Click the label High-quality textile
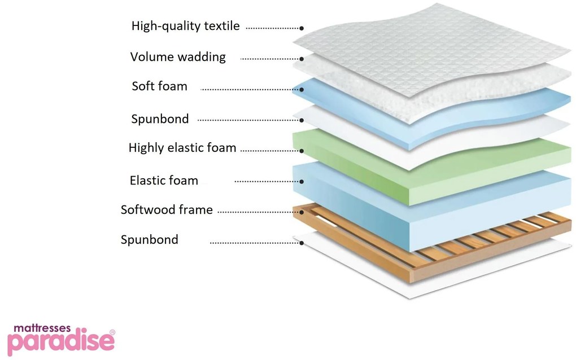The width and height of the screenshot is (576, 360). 185,26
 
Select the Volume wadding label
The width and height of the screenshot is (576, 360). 178,57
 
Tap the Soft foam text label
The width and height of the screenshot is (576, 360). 159,86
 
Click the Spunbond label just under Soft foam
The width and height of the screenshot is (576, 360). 160,119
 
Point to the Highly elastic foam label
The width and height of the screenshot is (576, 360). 182,148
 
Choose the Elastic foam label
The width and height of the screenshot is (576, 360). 164,181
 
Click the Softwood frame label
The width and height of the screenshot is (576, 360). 167,210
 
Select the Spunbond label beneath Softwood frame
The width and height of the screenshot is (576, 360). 149,240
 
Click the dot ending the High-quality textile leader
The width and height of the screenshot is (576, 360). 302,28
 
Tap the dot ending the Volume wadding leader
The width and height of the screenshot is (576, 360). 302,58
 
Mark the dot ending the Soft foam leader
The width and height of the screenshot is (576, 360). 302,89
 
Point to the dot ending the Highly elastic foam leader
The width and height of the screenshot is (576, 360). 302,151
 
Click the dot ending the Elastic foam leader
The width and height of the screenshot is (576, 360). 302,182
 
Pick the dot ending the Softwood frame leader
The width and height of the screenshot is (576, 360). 302,212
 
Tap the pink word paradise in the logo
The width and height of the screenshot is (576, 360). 56,343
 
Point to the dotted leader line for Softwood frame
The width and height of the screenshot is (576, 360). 257,212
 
